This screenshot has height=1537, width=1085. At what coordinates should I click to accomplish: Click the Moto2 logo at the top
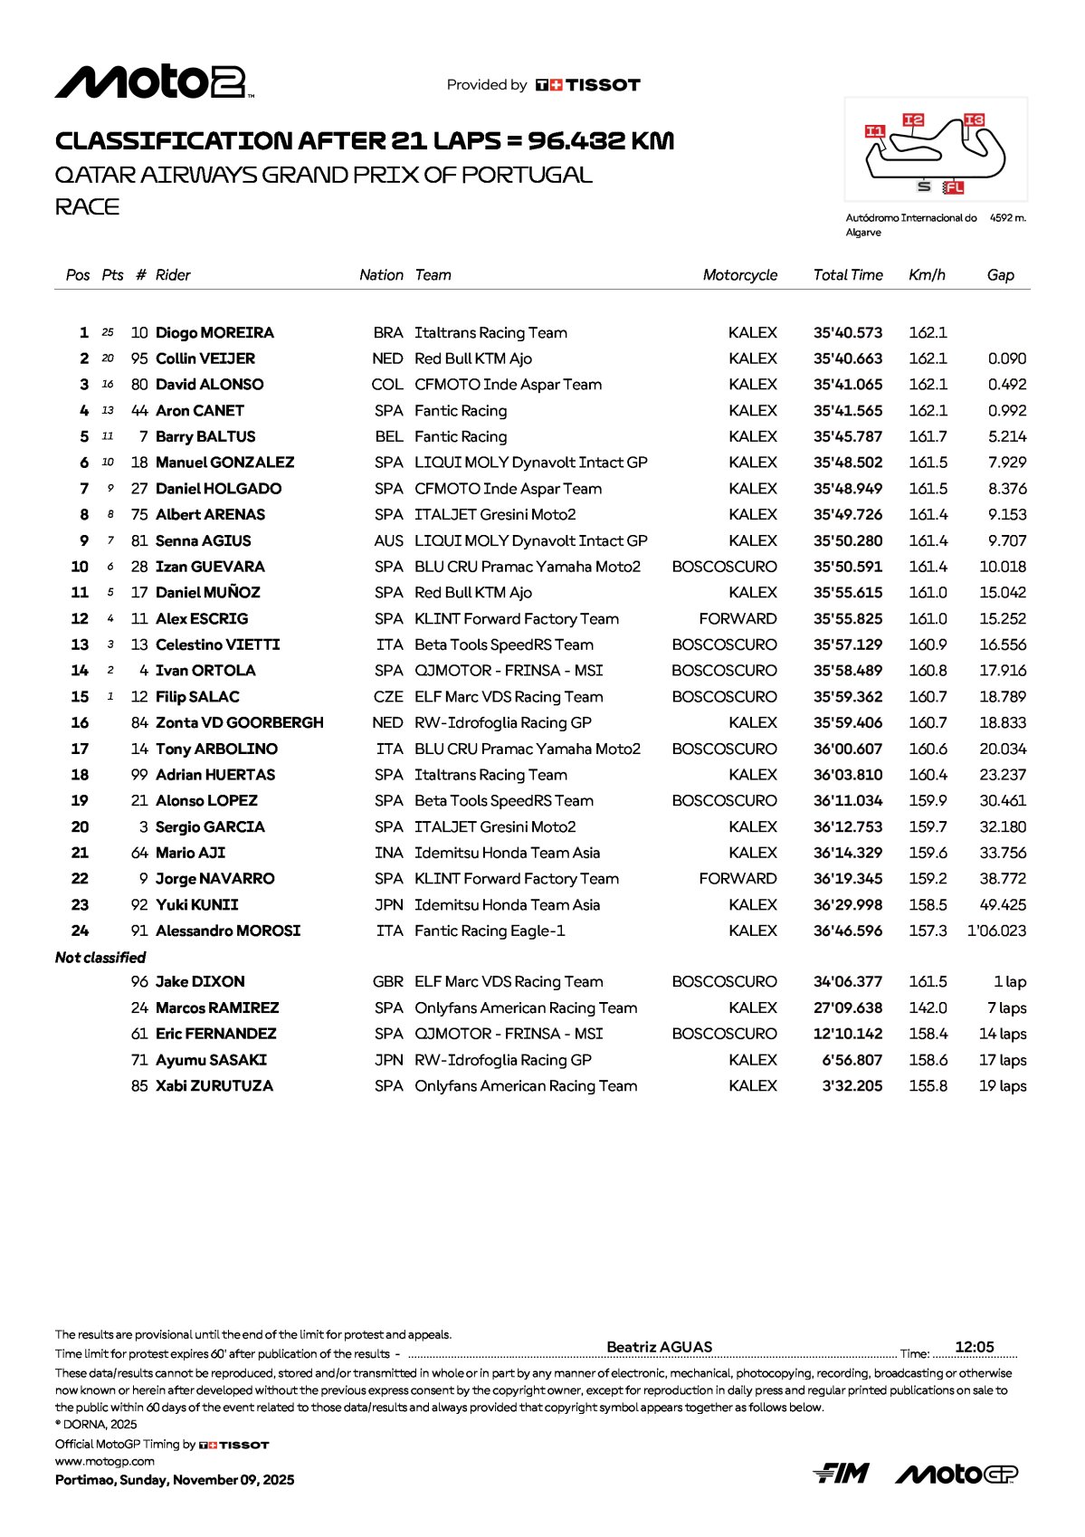pyautogui.click(x=154, y=82)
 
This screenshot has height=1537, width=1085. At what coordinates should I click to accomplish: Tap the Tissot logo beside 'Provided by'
pyautogui.click(x=588, y=85)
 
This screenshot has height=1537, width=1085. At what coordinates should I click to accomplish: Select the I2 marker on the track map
pyautogui.click(x=913, y=120)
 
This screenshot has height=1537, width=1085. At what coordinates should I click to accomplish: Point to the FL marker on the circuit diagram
pyautogui.click(x=953, y=187)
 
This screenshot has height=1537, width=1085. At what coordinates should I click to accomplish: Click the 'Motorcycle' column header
pyautogui.click(x=739, y=275)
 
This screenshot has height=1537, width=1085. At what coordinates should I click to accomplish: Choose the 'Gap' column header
pyautogui.click(x=1000, y=275)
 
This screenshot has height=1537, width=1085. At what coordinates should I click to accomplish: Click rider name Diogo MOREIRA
pyautogui.click(x=214, y=333)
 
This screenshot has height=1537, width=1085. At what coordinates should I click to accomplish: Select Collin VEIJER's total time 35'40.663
pyautogui.click(x=847, y=359)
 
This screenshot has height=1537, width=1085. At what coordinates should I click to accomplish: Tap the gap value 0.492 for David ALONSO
pyautogui.click(x=1006, y=385)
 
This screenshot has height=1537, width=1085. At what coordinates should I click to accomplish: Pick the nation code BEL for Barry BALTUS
pyautogui.click(x=389, y=437)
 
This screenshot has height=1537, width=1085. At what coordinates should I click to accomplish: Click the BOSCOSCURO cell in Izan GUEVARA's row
pyautogui.click(x=724, y=567)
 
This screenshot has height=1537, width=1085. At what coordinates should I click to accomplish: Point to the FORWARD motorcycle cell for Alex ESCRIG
pyautogui.click(x=738, y=619)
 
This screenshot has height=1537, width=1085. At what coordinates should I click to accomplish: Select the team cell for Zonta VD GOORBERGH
pyautogui.click(x=502, y=723)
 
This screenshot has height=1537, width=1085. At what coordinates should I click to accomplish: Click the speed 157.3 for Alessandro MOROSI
pyautogui.click(x=928, y=931)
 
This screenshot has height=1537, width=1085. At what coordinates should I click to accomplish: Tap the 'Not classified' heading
pyautogui.click(x=100, y=958)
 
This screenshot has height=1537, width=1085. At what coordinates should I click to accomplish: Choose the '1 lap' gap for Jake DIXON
pyautogui.click(x=1009, y=982)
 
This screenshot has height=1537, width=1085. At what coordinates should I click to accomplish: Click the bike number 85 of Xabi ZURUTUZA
pyautogui.click(x=139, y=1086)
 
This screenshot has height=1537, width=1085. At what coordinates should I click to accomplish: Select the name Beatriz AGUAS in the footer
pyautogui.click(x=659, y=1347)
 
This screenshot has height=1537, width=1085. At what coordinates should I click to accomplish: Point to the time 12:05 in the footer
pyautogui.click(x=974, y=1347)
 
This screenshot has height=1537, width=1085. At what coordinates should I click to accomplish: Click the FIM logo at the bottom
pyautogui.click(x=841, y=1475)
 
